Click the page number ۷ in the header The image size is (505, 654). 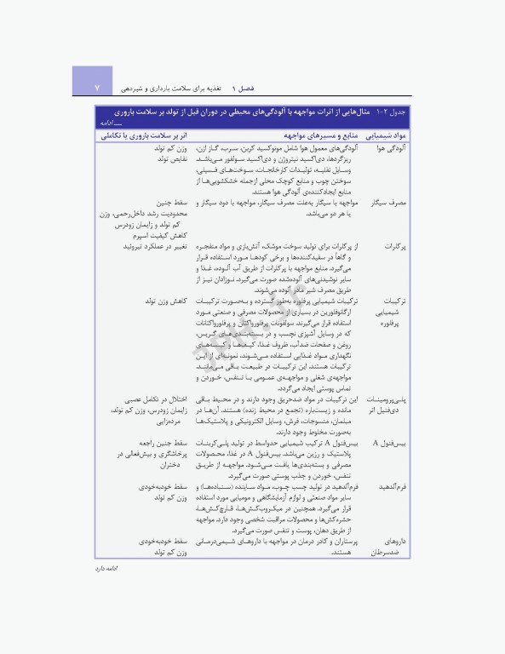click(x=97, y=88)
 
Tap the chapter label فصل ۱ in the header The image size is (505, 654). click(x=249, y=88)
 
